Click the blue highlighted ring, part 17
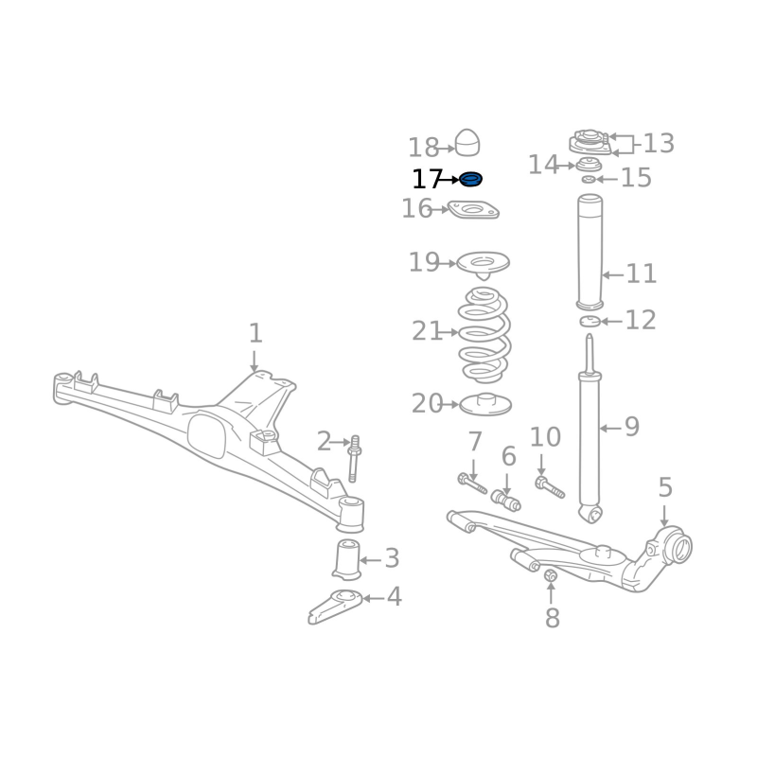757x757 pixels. [x=470, y=180]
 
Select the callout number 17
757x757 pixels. [x=428, y=179]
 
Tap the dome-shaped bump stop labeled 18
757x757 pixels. [x=467, y=143]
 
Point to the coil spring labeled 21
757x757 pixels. [x=484, y=335]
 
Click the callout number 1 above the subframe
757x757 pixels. [x=255, y=333]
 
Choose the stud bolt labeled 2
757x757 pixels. [x=354, y=459]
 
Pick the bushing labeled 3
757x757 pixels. [x=347, y=559]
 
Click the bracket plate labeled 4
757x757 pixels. [x=335, y=606]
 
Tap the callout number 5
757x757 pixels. [x=665, y=487]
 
